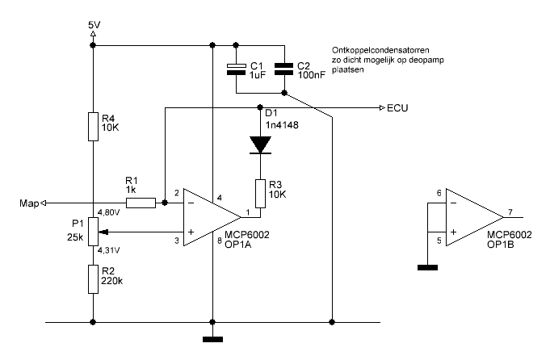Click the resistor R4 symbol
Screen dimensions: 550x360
point(93,127)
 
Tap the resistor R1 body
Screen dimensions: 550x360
point(141,203)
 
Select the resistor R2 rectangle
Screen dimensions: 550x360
point(93,279)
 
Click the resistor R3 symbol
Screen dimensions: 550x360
point(260,194)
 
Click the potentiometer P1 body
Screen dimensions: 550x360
point(93,232)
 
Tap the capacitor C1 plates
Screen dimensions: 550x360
point(236,69)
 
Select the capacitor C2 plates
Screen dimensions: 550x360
point(283,69)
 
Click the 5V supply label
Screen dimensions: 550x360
point(94,25)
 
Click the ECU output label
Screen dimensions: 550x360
point(397,108)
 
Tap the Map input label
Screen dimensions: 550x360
point(29,203)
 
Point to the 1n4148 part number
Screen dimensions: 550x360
point(282,125)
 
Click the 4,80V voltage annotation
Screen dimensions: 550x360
point(109,212)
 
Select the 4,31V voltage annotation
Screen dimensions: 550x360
point(109,250)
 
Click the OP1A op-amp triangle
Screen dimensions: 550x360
point(212,217)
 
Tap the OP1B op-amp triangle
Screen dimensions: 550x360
point(475,217)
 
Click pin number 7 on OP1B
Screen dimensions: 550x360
point(510,212)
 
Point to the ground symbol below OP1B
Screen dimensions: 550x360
point(427,268)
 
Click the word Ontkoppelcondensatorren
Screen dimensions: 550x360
point(380,50)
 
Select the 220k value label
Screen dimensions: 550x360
point(112,281)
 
